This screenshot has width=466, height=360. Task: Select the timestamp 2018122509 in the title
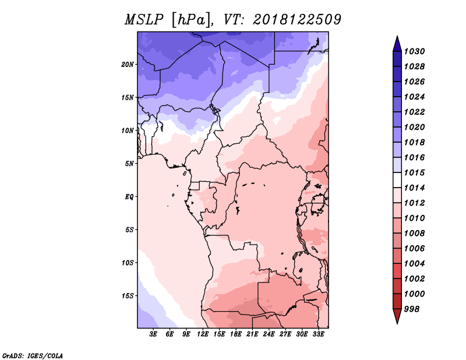coord(296,20)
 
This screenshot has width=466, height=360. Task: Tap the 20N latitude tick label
coord(128,64)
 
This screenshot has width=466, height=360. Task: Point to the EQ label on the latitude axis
coord(129,196)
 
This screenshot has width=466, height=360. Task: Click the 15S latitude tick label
coord(128,295)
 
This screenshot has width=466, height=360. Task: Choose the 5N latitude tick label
coord(129,164)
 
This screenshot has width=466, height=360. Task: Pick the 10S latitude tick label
coord(128,263)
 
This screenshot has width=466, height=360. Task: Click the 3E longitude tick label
coord(154,334)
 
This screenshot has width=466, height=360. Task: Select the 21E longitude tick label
coord(252,334)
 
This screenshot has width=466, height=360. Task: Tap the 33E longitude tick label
coord(318,334)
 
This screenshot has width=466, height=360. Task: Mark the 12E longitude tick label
coord(203,334)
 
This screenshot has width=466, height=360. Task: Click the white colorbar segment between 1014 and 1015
coord(396,181)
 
